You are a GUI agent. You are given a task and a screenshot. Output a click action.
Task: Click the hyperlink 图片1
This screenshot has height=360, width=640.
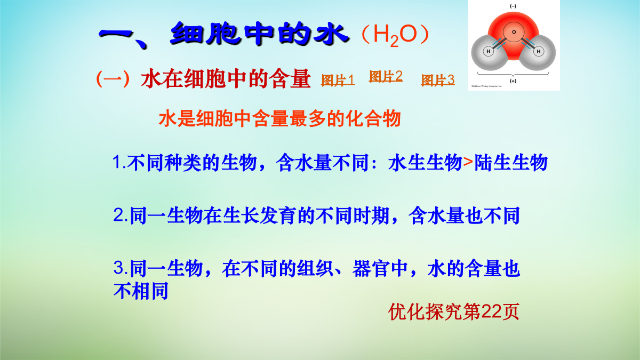(338, 81)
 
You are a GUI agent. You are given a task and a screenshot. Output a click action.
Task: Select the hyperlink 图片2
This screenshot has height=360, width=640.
(386, 76)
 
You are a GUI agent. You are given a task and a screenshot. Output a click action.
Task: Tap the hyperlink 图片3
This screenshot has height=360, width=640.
(438, 80)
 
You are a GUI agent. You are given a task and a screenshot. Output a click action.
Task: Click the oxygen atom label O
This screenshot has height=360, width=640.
(514, 32)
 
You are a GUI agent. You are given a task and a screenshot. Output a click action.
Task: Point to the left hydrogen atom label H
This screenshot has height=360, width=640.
(489, 51)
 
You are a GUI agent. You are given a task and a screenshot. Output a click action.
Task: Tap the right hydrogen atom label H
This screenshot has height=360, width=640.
(539, 51)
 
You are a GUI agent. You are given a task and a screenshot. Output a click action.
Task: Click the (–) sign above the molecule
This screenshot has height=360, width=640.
(513, 6)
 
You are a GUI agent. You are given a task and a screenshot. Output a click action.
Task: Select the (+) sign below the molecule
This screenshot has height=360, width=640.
(513, 81)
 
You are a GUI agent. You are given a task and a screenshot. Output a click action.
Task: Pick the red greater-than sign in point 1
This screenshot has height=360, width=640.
(468, 162)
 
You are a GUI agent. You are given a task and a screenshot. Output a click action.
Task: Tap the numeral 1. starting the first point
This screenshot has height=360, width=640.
(119, 162)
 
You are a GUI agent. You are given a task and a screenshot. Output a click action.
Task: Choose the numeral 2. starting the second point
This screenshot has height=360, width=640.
(121, 215)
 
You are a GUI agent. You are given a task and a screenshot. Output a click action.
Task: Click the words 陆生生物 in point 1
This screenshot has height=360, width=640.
(511, 162)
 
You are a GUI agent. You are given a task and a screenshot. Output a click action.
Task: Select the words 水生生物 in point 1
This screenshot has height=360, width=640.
(426, 162)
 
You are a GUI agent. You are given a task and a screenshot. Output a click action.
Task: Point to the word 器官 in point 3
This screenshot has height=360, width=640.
(371, 269)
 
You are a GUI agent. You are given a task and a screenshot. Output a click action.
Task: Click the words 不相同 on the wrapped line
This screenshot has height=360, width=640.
(141, 291)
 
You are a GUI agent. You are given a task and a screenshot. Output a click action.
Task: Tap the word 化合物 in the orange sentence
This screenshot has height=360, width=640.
(373, 118)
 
